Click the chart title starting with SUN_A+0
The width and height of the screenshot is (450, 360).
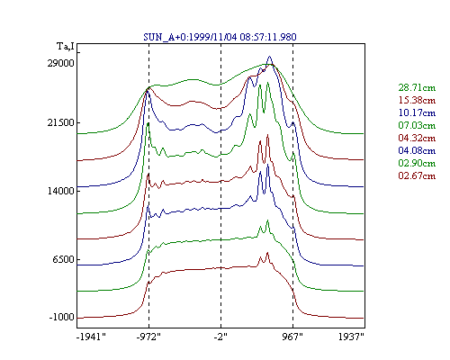point(220,37)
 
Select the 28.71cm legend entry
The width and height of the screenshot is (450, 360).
point(417,87)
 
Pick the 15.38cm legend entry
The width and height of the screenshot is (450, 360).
point(417,100)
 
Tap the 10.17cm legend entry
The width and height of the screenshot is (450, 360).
point(417,112)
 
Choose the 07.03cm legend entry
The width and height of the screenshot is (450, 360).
point(417,125)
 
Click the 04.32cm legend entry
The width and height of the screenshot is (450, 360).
point(417,138)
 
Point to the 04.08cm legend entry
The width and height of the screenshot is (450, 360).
point(417,150)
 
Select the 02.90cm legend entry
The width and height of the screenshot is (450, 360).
point(417,163)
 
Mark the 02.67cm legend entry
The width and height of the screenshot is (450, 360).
point(417,175)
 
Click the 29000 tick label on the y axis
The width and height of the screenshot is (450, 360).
point(60,63)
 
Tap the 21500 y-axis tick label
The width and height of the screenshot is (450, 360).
point(60,122)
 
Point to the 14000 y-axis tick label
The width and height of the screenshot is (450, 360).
point(60,191)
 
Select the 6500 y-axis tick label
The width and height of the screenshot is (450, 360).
point(63,259)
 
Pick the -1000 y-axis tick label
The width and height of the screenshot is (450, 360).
point(61,318)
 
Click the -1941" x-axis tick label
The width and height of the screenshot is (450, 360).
point(91,337)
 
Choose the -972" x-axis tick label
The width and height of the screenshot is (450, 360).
point(148,337)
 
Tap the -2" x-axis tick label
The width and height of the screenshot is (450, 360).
point(220,337)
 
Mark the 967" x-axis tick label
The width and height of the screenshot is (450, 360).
point(292,337)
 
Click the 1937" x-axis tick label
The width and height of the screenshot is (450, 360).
point(351,337)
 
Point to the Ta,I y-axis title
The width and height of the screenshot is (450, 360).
point(66,47)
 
